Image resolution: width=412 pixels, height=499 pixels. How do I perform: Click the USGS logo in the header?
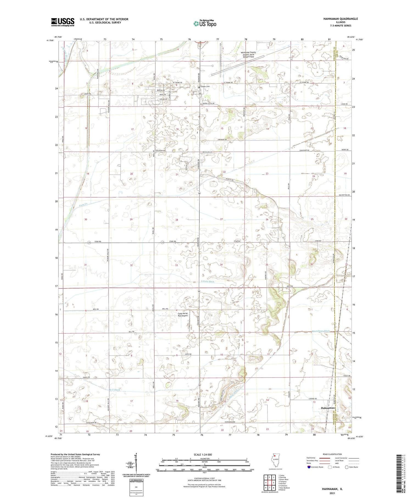click(63, 22)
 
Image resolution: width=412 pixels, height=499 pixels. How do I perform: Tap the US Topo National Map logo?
click(205, 23)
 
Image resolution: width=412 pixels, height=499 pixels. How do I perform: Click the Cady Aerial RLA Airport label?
click(183, 315)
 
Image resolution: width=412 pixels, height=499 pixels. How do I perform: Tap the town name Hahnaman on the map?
click(328, 408)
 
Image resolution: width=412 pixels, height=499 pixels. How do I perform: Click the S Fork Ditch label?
click(207, 282)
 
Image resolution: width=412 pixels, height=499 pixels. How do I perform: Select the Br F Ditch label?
click(115, 389)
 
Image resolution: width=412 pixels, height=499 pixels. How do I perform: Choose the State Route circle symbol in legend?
click(347, 467)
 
